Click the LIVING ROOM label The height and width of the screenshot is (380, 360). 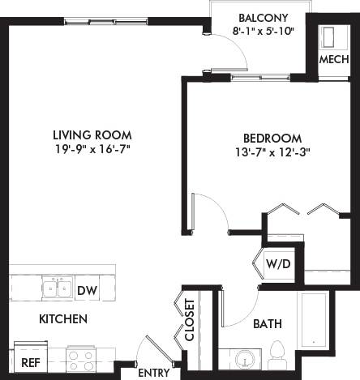[92, 134]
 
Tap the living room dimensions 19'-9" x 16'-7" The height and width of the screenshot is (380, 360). [92, 149]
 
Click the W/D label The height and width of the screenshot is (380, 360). [277, 263]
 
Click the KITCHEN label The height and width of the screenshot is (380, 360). [62, 319]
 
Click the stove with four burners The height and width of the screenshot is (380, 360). [83, 358]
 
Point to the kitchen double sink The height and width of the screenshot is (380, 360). [56, 288]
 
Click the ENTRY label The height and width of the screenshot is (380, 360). [154, 374]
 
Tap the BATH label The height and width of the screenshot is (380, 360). [267, 324]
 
